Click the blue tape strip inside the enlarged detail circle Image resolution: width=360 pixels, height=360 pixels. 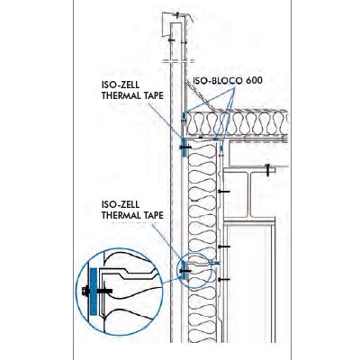click(x=94, y=292)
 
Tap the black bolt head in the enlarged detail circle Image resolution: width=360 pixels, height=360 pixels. click(x=85, y=291)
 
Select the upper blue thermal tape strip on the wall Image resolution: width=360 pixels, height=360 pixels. click(x=184, y=148)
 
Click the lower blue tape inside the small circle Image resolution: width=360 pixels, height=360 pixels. click(x=184, y=270)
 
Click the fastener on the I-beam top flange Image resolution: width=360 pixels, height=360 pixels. click(x=267, y=170)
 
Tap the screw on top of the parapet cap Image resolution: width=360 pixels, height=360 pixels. click(x=177, y=14)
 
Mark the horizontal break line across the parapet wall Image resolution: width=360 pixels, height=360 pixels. click(x=178, y=62)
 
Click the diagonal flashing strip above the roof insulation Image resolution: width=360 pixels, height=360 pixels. click(x=201, y=96)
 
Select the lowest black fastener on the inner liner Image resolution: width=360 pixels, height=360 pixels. click(x=224, y=280)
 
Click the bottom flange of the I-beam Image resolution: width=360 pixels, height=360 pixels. click(x=249, y=220)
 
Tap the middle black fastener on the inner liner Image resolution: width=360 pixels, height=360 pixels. click(x=224, y=247)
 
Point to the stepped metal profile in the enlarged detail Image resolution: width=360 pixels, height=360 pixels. click(x=129, y=273)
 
